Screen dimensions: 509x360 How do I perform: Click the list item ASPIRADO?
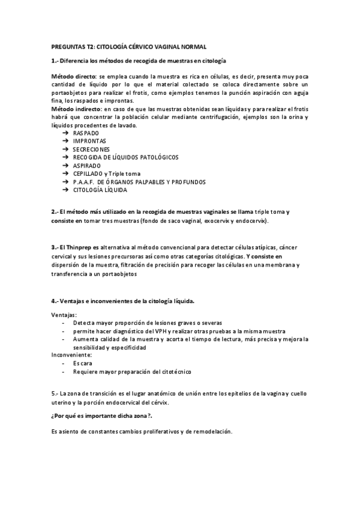[87, 165]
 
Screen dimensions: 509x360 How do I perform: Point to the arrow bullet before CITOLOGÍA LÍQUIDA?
[65, 190]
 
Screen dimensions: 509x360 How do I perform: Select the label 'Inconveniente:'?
[71, 355]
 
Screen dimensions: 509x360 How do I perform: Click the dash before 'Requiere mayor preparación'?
[64, 372]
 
